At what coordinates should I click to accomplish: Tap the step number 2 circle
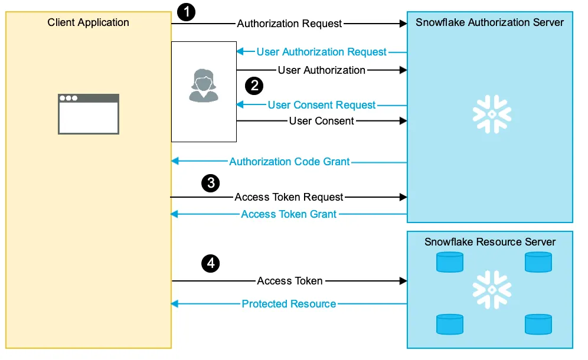254,86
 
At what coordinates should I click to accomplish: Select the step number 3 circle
210,183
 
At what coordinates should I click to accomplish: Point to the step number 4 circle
210,263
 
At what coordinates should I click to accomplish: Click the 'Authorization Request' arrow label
289,24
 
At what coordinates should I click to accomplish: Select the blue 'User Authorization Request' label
322,52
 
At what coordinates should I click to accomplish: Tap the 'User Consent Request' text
322,105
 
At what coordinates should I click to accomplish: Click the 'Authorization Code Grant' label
289,162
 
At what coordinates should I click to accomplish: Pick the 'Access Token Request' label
289,197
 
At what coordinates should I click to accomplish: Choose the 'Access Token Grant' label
289,214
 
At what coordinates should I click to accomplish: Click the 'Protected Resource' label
289,304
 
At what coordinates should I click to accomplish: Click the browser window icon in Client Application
88,114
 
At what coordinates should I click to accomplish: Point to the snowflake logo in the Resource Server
492,290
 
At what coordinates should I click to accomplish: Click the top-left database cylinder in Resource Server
450,262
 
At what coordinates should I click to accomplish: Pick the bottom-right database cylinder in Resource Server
538,324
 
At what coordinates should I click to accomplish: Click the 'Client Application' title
89,22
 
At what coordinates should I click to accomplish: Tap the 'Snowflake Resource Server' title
490,242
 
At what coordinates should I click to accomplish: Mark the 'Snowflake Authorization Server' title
490,22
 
